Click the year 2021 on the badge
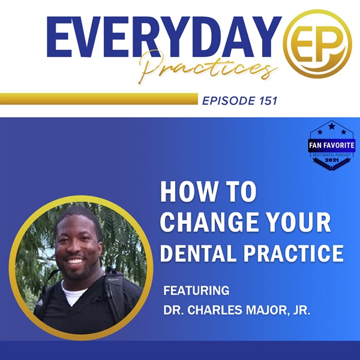pos(332,160)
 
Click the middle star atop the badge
pos(332,126)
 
